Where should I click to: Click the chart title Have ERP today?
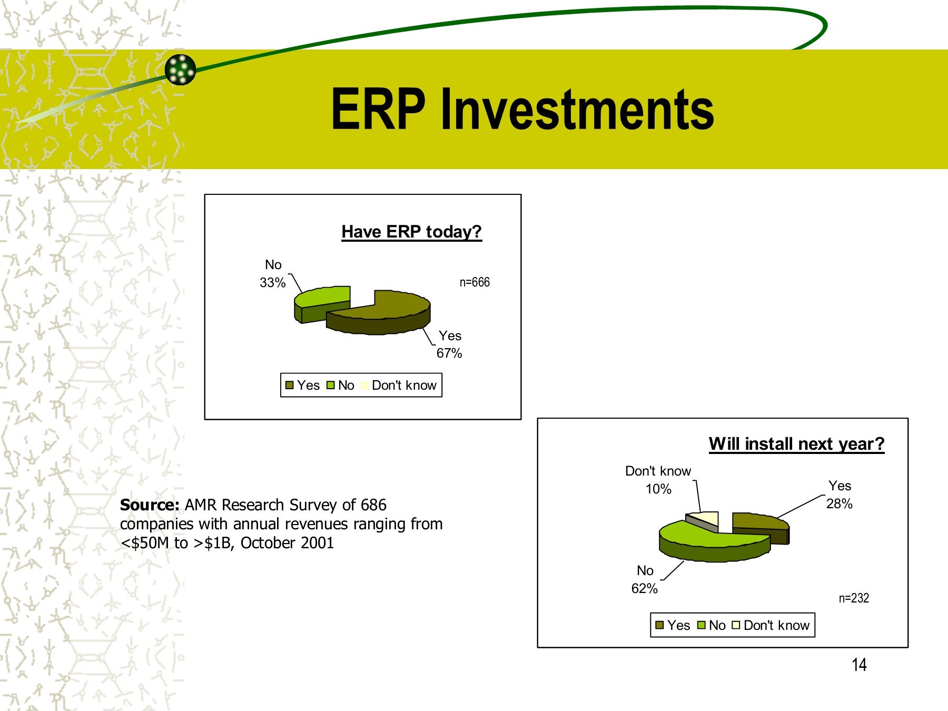click(x=411, y=232)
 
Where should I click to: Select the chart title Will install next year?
click(x=796, y=444)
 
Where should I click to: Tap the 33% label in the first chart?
click(x=272, y=283)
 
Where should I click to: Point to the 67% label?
click(x=449, y=353)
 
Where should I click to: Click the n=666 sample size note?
click(x=475, y=282)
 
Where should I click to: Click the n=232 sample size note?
click(x=854, y=598)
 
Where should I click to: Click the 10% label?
click(x=658, y=489)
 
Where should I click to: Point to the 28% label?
click(x=839, y=504)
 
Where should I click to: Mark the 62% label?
click(x=644, y=589)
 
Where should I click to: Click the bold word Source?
click(x=150, y=505)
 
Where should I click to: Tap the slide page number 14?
click(x=859, y=665)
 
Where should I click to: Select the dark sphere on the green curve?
click(x=180, y=69)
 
